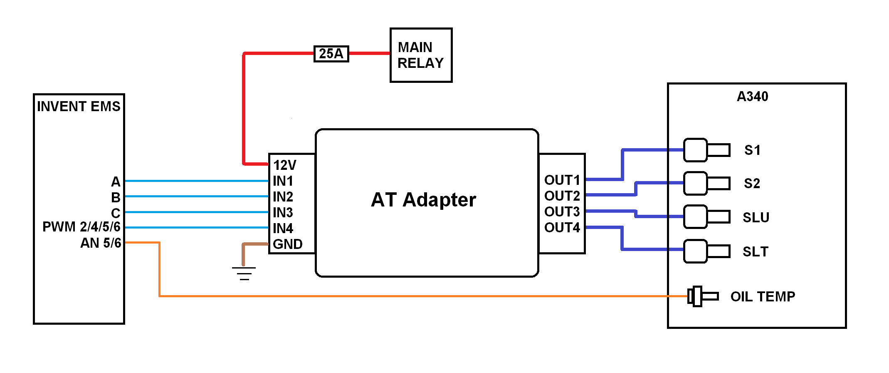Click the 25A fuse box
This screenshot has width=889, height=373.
point(331,54)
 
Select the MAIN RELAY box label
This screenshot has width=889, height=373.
point(420,55)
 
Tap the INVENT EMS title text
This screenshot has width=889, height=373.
point(79,107)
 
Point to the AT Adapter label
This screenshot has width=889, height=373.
point(423,200)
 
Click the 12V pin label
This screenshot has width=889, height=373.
point(285,165)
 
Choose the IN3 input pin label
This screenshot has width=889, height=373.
point(283,213)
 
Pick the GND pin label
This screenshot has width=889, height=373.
point(287,244)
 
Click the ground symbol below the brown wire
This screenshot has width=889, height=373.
point(244,273)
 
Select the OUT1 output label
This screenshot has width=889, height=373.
point(562,180)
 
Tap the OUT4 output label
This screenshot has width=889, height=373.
point(562,228)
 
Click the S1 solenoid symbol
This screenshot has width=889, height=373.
point(706,150)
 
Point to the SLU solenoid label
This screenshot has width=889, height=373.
point(756,217)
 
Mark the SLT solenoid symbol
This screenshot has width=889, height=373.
point(706,251)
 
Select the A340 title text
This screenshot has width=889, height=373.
point(752,97)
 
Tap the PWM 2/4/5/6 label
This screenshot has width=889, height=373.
point(81,227)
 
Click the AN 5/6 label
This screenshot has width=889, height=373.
point(101,243)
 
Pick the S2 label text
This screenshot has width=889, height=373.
point(752,184)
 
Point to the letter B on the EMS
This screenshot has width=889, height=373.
point(116,197)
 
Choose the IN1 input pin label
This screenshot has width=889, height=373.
point(283,181)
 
